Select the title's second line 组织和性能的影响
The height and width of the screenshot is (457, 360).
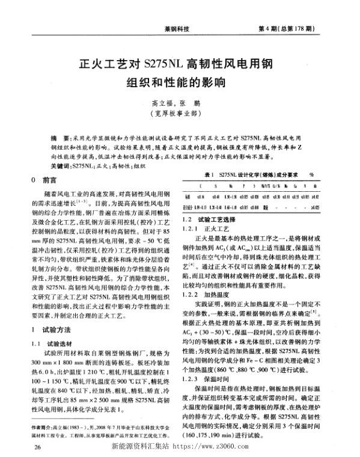[180, 81]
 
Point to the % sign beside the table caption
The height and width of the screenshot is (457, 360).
[313, 174]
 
